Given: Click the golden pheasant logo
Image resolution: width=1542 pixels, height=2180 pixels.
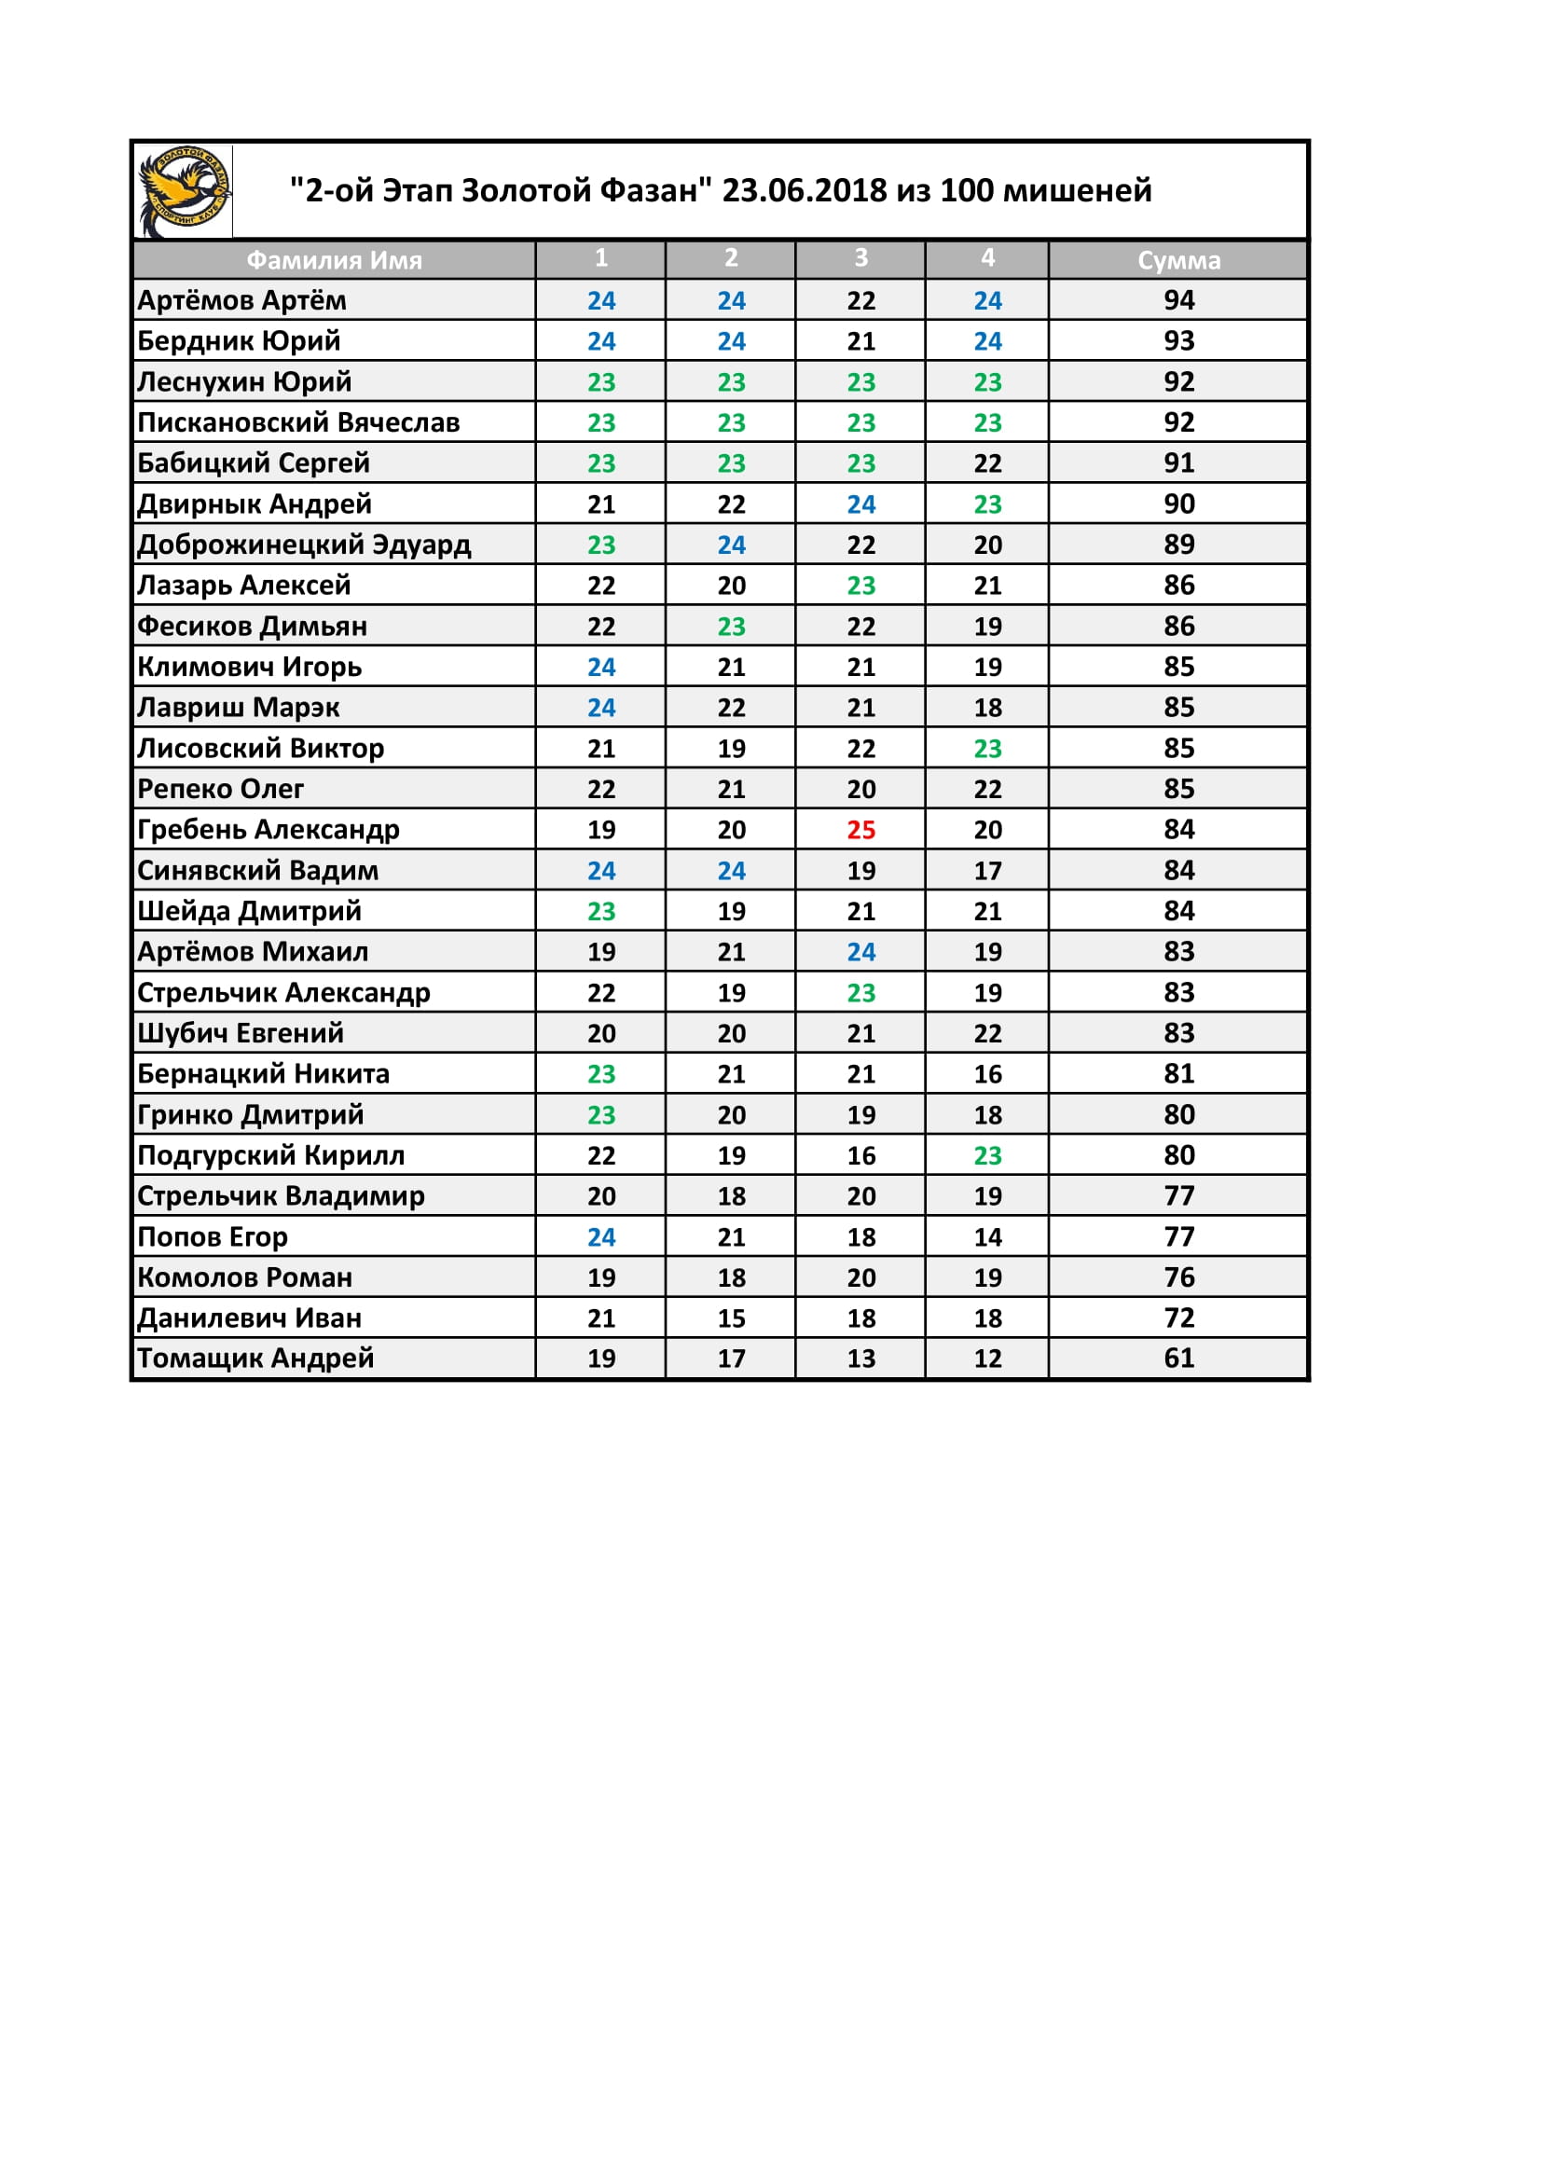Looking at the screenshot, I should pos(185,191).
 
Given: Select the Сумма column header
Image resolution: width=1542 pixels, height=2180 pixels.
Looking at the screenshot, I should pos(1178,260).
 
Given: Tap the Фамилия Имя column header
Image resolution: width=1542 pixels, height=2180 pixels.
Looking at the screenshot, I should pos(335,260).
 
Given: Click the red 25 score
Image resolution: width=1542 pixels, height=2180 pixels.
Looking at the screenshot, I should pos(861,830).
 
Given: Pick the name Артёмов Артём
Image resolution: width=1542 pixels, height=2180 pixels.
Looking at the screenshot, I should pos(242,301).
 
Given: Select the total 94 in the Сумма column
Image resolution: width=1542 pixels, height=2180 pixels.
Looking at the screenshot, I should pos(1178,301).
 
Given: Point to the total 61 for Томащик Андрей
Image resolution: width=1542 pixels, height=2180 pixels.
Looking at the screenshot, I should pos(1178,1359).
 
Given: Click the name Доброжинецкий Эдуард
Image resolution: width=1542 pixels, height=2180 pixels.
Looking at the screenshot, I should pos(304,545).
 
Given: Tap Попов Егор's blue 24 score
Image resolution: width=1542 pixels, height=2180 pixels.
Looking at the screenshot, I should pos(601,1237).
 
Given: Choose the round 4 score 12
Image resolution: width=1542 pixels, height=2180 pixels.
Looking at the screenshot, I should pos(987,1359).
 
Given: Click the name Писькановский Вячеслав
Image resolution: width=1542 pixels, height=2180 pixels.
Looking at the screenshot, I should pos(298,422).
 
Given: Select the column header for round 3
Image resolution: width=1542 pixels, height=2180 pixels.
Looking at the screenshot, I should pos(861,258).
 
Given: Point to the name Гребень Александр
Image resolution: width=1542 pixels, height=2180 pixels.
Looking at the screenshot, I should pos(268,830).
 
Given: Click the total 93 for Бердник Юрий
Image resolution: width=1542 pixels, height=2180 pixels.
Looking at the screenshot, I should pos(1178,341).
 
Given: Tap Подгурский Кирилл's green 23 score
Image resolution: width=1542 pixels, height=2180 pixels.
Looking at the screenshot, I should pos(987,1155).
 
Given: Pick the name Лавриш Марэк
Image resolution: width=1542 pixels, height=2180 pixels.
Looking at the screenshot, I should pos(239,709).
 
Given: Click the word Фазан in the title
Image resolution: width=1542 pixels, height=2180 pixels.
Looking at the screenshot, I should pos(656,191).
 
